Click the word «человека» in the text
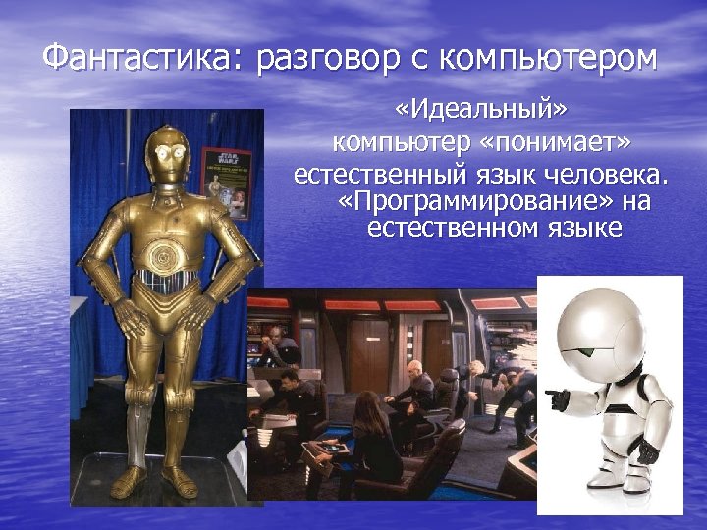click(607, 177)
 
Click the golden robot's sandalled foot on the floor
click(181, 482)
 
